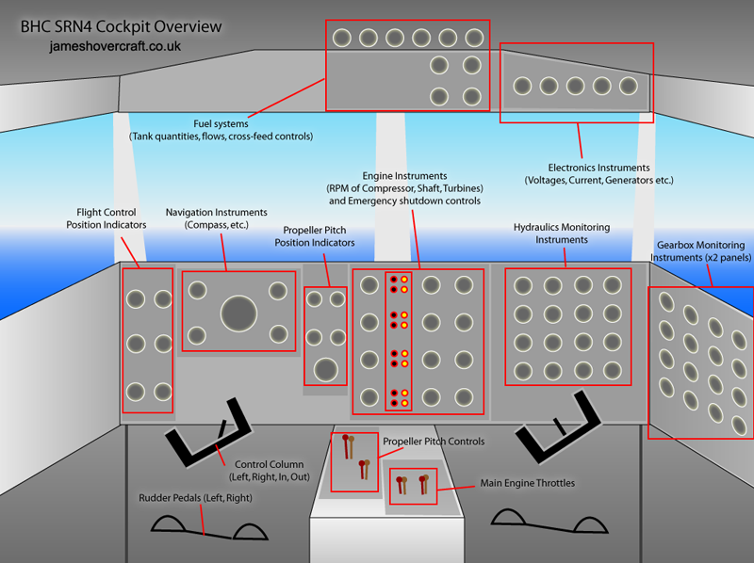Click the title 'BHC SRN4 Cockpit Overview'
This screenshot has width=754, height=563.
point(122,27)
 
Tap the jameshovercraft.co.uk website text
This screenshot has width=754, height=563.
point(115,46)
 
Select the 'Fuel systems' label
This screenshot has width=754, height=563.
point(221,124)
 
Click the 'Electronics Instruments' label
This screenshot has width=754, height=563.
point(598,168)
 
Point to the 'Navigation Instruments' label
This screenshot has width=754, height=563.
point(217,213)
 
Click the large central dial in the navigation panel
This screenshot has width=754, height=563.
point(239,314)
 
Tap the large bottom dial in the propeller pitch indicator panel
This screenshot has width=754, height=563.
point(326,370)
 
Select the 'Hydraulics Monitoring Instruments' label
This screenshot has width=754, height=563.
point(562,233)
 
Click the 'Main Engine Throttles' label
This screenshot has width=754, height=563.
point(528,483)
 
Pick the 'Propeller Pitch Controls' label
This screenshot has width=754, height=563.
point(434,442)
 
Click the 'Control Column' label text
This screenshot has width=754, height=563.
point(270,464)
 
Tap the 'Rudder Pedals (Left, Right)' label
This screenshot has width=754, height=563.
point(195,498)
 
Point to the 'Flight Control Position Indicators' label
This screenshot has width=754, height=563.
point(107,218)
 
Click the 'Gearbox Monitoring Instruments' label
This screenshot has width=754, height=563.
point(700,251)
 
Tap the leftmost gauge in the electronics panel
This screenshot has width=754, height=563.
point(522,87)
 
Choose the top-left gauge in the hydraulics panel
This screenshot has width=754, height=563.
point(523,286)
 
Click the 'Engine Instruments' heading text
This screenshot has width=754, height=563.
point(404,176)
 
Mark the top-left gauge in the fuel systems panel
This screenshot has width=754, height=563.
point(342,38)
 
